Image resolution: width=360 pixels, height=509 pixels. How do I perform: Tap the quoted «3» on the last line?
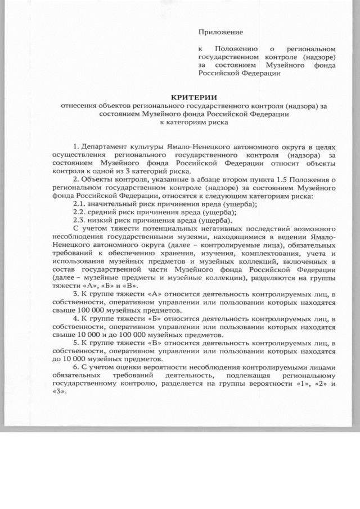[x=58, y=393]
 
